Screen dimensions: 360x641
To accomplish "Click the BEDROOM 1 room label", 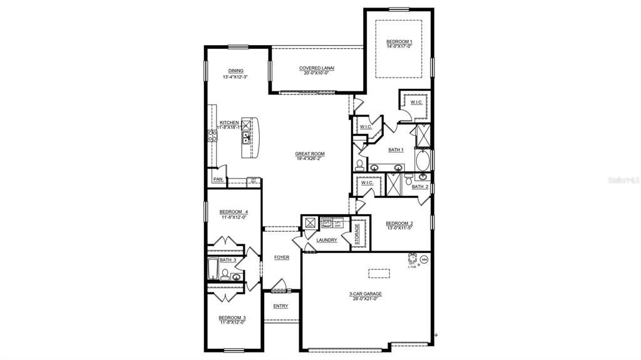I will pos(399,41).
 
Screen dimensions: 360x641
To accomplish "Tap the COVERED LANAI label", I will pos(317,68).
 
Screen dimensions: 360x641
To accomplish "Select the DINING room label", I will pos(235,71).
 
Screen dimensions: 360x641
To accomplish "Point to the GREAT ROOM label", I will pos(310,153).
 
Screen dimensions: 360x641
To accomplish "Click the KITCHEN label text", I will pos(228,123).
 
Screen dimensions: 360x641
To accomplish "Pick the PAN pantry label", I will pos(218,180).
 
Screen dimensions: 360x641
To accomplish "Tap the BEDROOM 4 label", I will pos(233,212).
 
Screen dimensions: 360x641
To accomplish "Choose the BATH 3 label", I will pos(227,260).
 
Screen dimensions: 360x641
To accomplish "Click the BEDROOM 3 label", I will pos(232,317).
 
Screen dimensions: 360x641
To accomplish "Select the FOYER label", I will pos(282,257).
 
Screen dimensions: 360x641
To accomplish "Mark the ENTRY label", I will pos(280,306).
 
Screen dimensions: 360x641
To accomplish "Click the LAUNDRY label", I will pos(327,240).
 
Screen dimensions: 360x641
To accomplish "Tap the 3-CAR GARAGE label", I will pos(366,294).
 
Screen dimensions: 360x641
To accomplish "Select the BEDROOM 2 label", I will pos(399,224).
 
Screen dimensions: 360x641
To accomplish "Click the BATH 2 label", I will pos(420,187).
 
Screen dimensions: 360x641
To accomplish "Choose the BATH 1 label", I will pos(396,150).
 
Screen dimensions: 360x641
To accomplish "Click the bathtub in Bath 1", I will pos(424,160).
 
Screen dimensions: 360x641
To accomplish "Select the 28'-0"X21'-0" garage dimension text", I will pos(366,299).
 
